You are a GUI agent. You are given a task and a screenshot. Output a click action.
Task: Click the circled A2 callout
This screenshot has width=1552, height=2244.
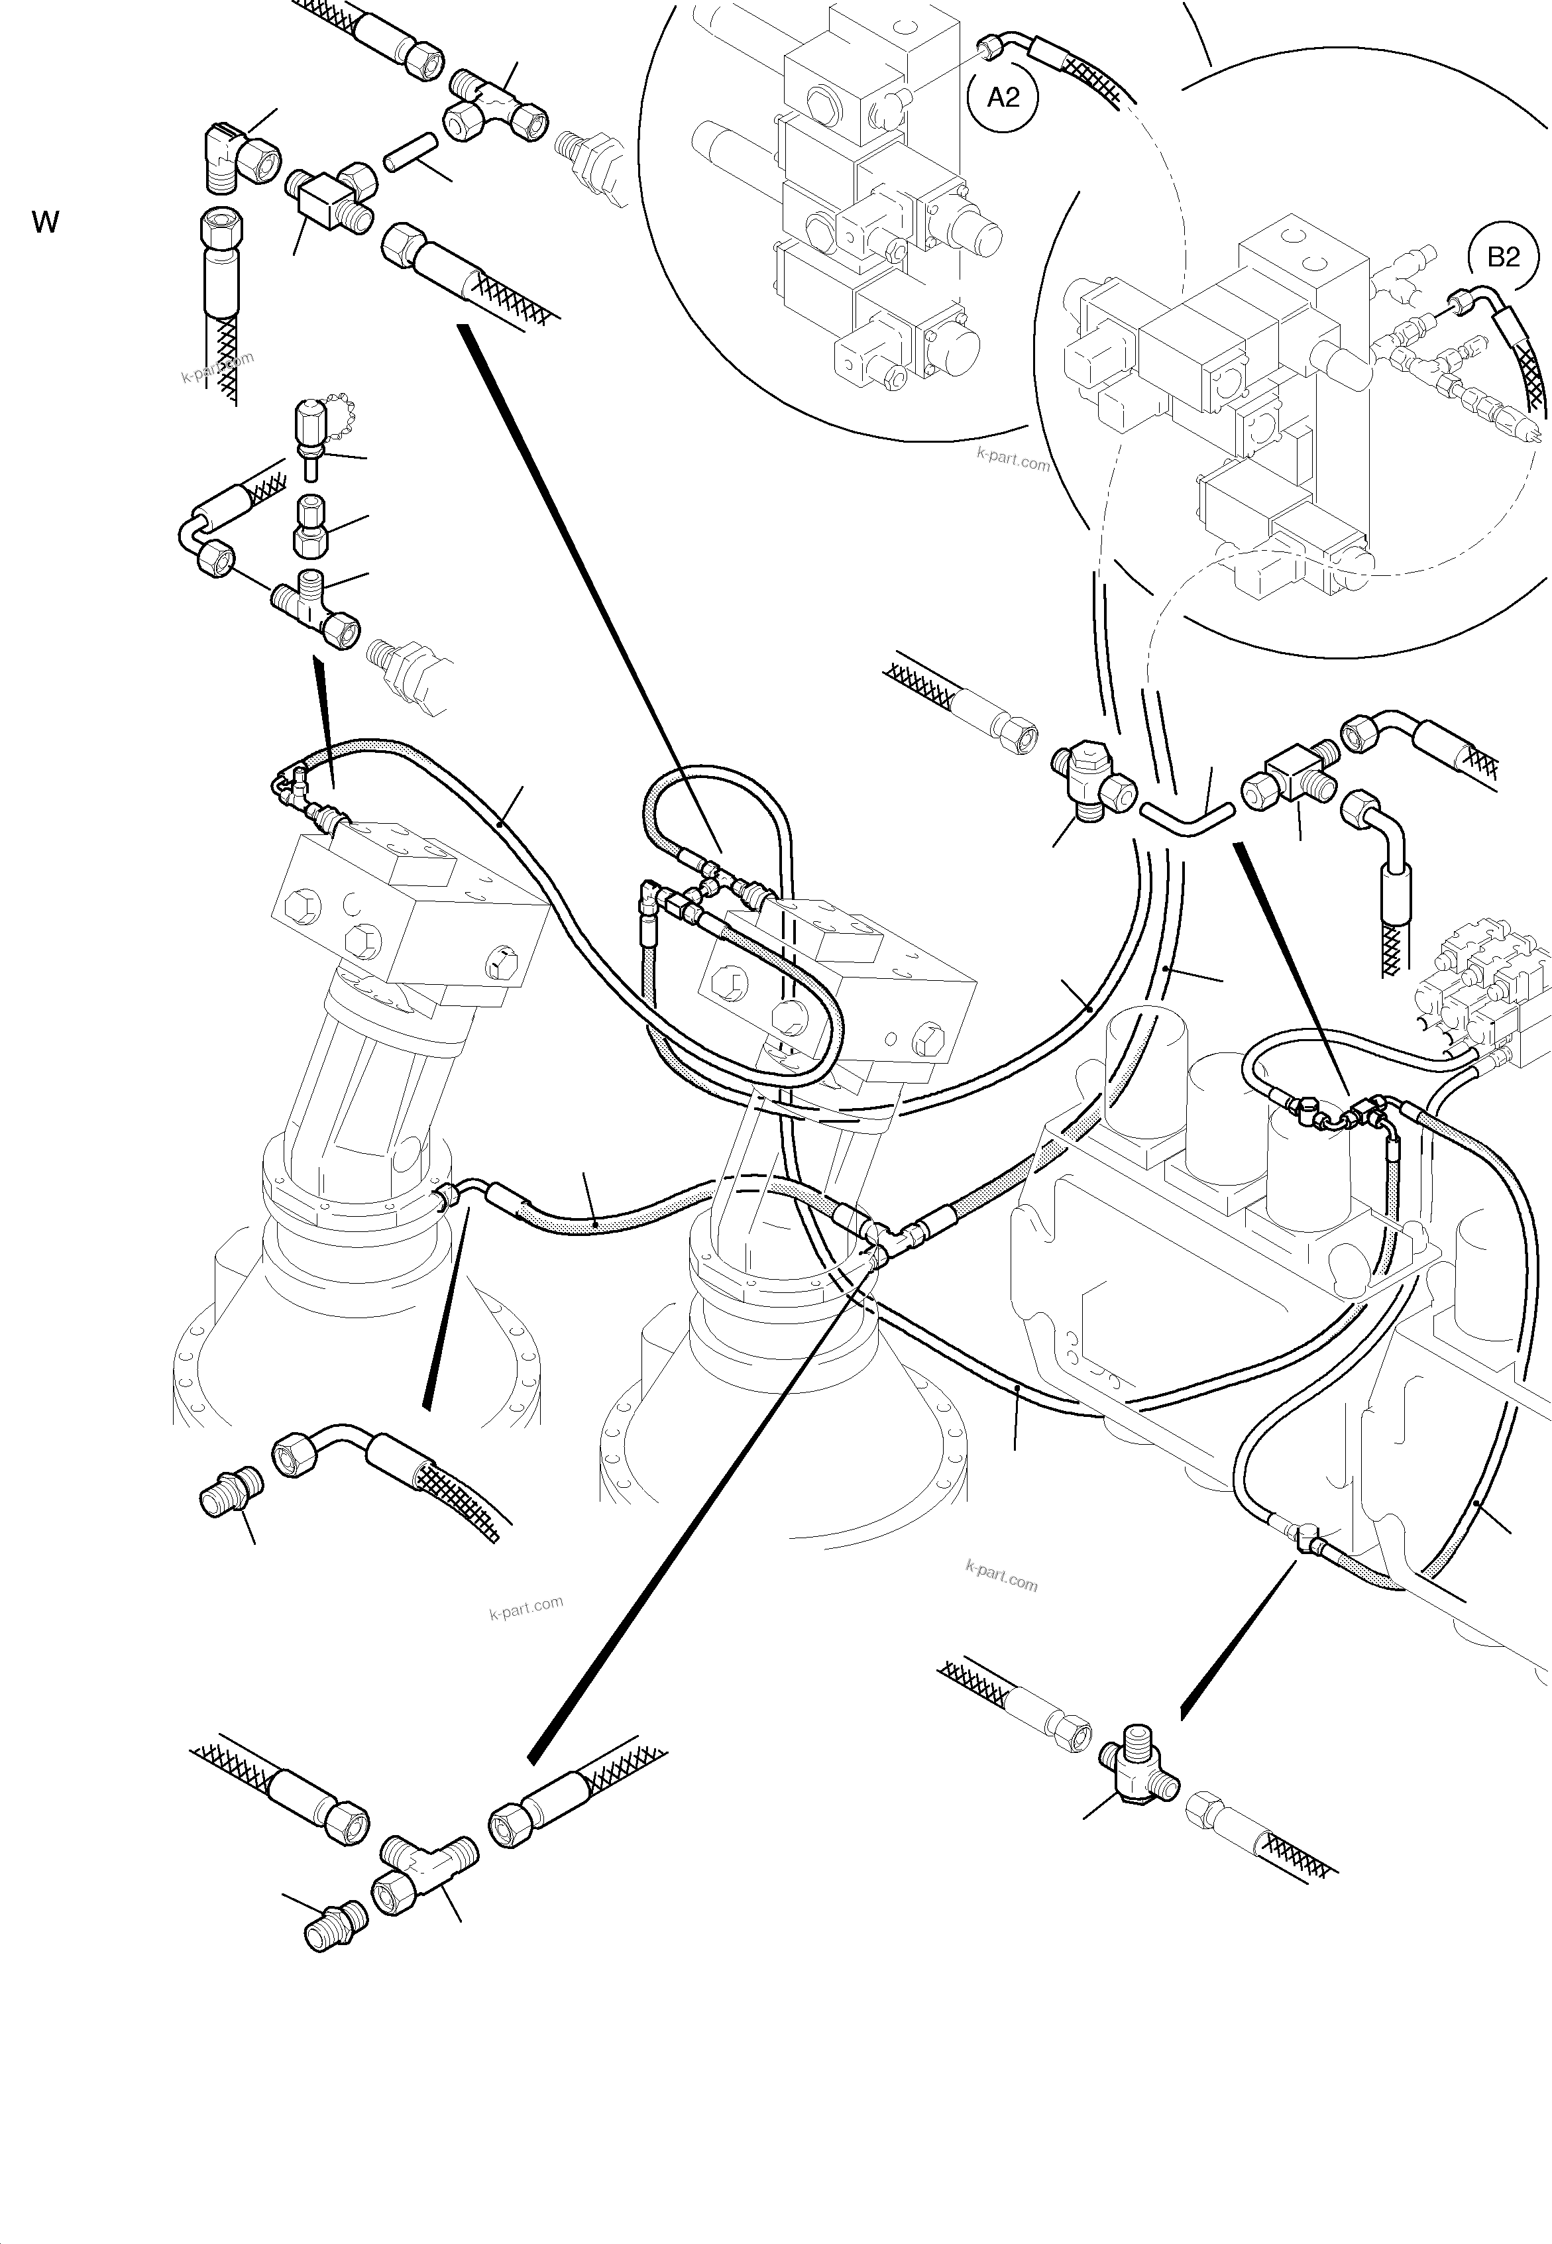pos(1003,97)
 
